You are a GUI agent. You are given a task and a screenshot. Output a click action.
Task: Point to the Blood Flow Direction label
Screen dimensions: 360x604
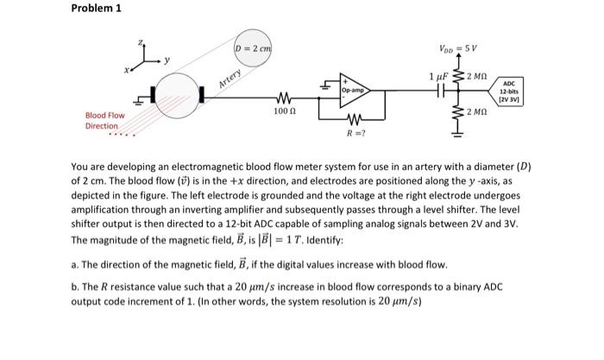104,120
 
